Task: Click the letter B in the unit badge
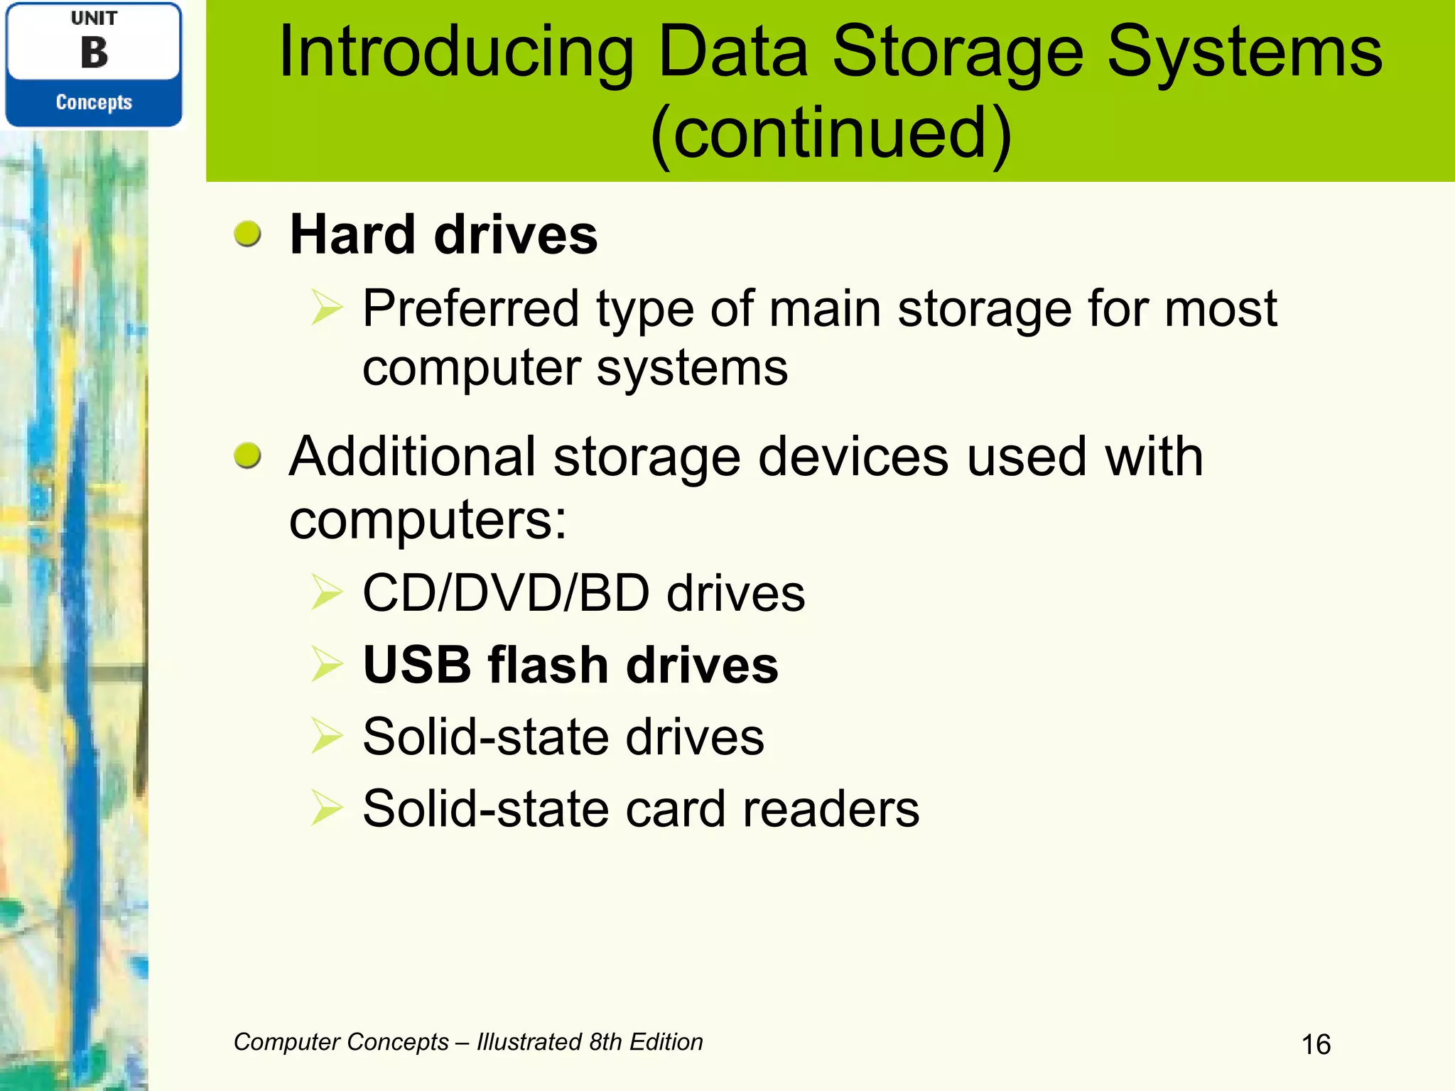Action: [x=94, y=53]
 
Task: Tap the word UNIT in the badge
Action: [x=94, y=18]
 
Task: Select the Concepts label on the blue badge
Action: [x=94, y=102]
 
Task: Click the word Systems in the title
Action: [x=1244, y=53]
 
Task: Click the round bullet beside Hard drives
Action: [x=248, y=234]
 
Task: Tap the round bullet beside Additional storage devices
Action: [x=248, y=455]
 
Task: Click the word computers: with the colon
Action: [x=428, y=519]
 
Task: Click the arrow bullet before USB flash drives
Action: [x=327, y=665]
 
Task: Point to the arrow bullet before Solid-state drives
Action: [x=327, y=736]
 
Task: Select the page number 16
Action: [x=1316, y=1045]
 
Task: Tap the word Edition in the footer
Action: [x=666, y=1042]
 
